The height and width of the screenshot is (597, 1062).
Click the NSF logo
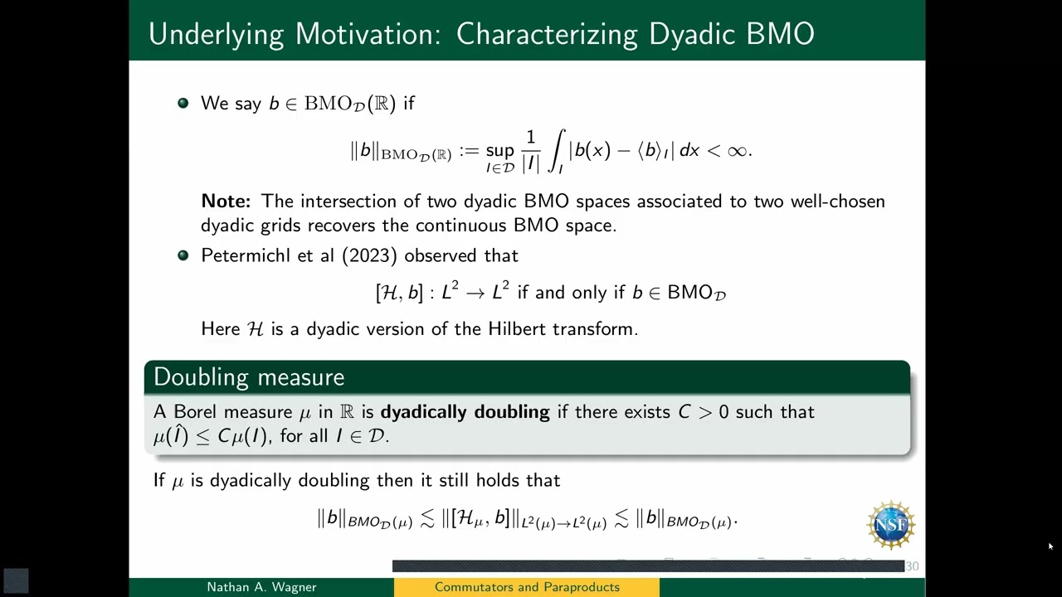(891, 525)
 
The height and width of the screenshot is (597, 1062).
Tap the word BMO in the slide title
(780, 34)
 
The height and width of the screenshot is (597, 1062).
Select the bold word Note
(225, 201)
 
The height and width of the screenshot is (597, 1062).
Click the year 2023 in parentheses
(369, 255)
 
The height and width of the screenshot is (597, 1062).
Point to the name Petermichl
(247, 255)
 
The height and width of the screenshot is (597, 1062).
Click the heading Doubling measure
(249, 377)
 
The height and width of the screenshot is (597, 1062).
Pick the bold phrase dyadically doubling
(465, 412)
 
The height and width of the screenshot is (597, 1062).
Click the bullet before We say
(183, 103)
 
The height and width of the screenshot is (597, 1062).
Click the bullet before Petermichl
(183, 255)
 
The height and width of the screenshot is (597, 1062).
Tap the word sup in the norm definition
(499, 150)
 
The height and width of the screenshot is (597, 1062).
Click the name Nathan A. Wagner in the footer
(261, 587)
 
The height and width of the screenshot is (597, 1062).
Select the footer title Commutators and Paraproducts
(527, 587)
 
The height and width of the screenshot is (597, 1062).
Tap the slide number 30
(912, 566)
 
